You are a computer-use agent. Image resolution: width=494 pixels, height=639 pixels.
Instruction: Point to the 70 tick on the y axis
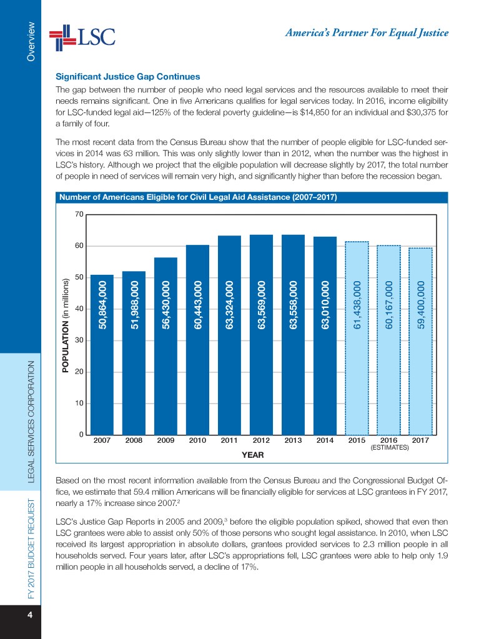pyautogui.click(x=78, y=214)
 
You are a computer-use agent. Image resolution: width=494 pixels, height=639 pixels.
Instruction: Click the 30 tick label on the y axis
pyautogui.click(x=78, y=340)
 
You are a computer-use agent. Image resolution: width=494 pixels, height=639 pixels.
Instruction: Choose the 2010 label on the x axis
pyautogui.click(x=197, y=440)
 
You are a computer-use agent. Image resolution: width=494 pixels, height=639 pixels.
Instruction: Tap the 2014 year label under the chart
pyautogui.click(x=325, y=440)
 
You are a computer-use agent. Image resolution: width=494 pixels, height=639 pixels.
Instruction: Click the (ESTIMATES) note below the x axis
pyautogui.click(x=389, y=448)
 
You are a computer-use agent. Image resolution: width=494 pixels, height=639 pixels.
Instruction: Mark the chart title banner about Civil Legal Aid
pyautogui.click(x=198, y=198)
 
